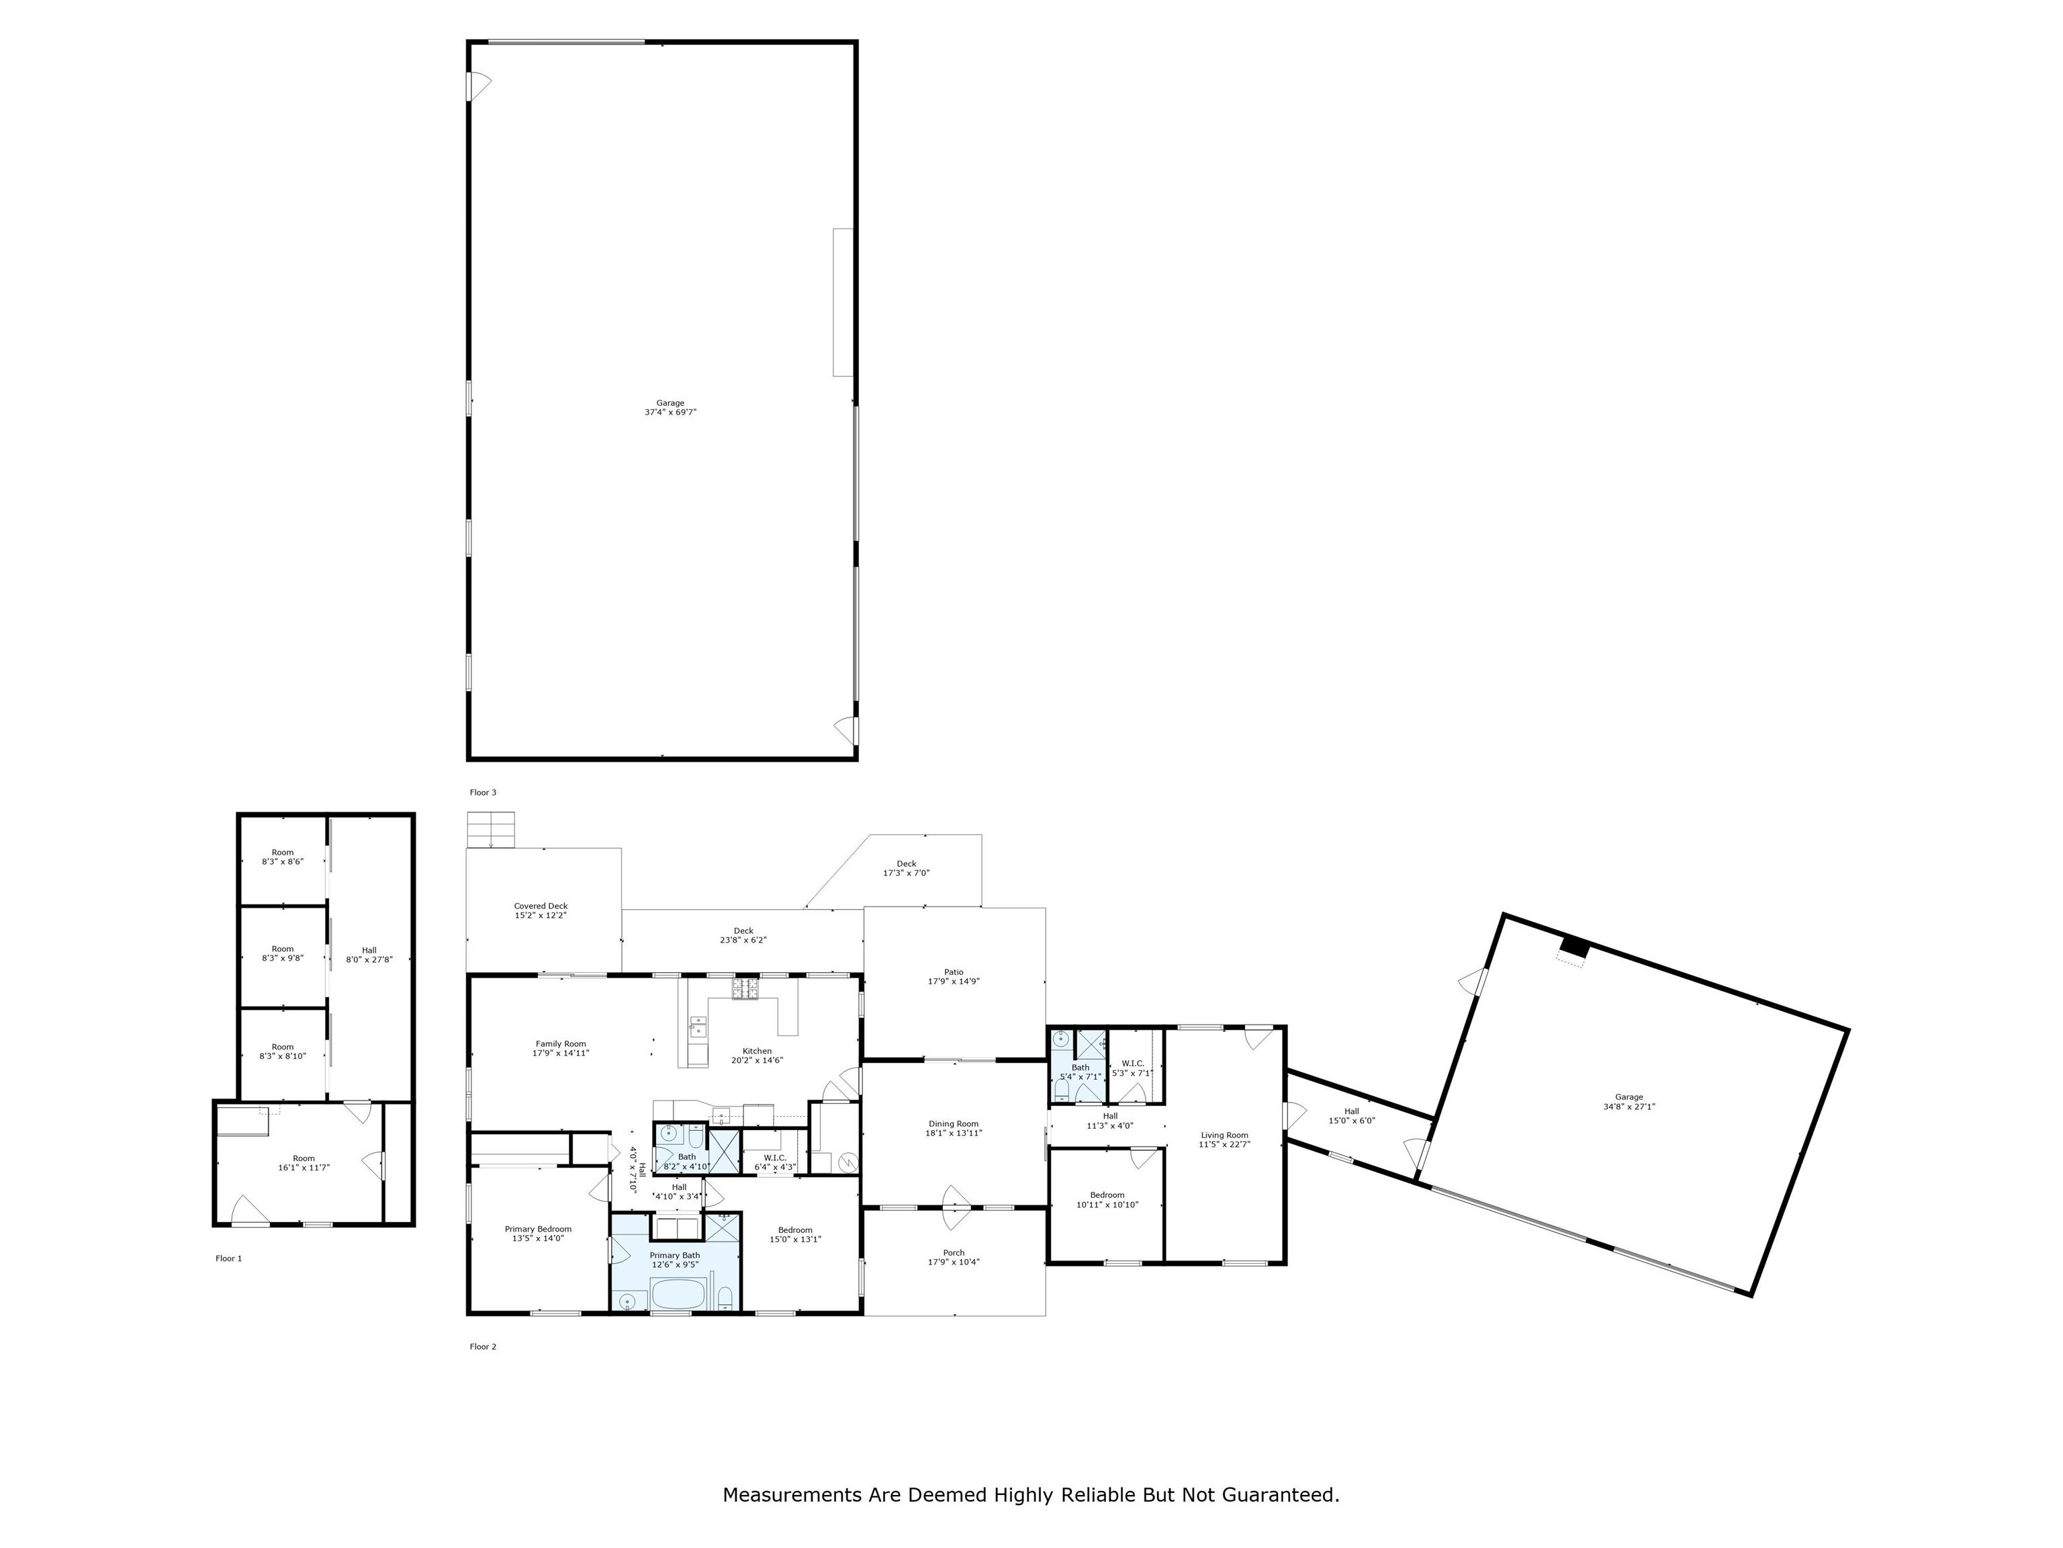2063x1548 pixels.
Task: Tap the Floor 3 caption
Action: (482, 792)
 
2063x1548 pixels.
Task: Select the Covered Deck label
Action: (540, 910)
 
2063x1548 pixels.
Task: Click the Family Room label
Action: (561, 1048)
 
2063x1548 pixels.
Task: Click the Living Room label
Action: (1224, 1139)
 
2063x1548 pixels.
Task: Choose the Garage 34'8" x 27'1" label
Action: (1629, 1102)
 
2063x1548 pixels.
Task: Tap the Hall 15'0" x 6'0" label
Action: (1351, 1116)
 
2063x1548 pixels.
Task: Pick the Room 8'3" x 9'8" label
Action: (283, 953)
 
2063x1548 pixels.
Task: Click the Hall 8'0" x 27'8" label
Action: (369, 955)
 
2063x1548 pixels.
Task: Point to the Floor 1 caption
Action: (228, 1258)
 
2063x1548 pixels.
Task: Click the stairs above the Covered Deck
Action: (491, 830)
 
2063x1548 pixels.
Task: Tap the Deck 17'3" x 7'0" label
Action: (906, 868)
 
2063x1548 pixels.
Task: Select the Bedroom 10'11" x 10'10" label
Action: (1107, 1199)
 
